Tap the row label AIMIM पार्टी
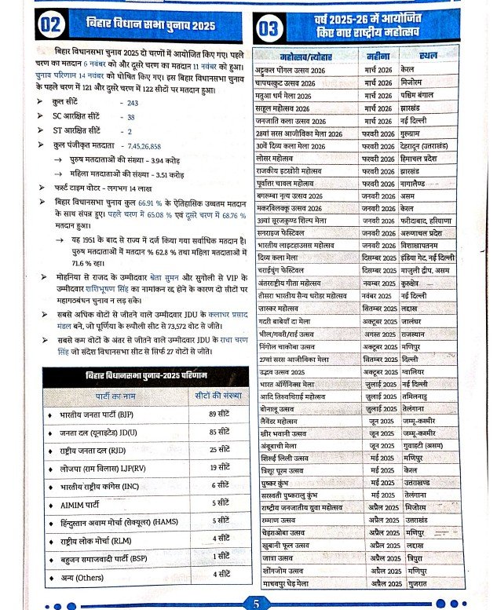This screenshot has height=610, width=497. tap(86, 502)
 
